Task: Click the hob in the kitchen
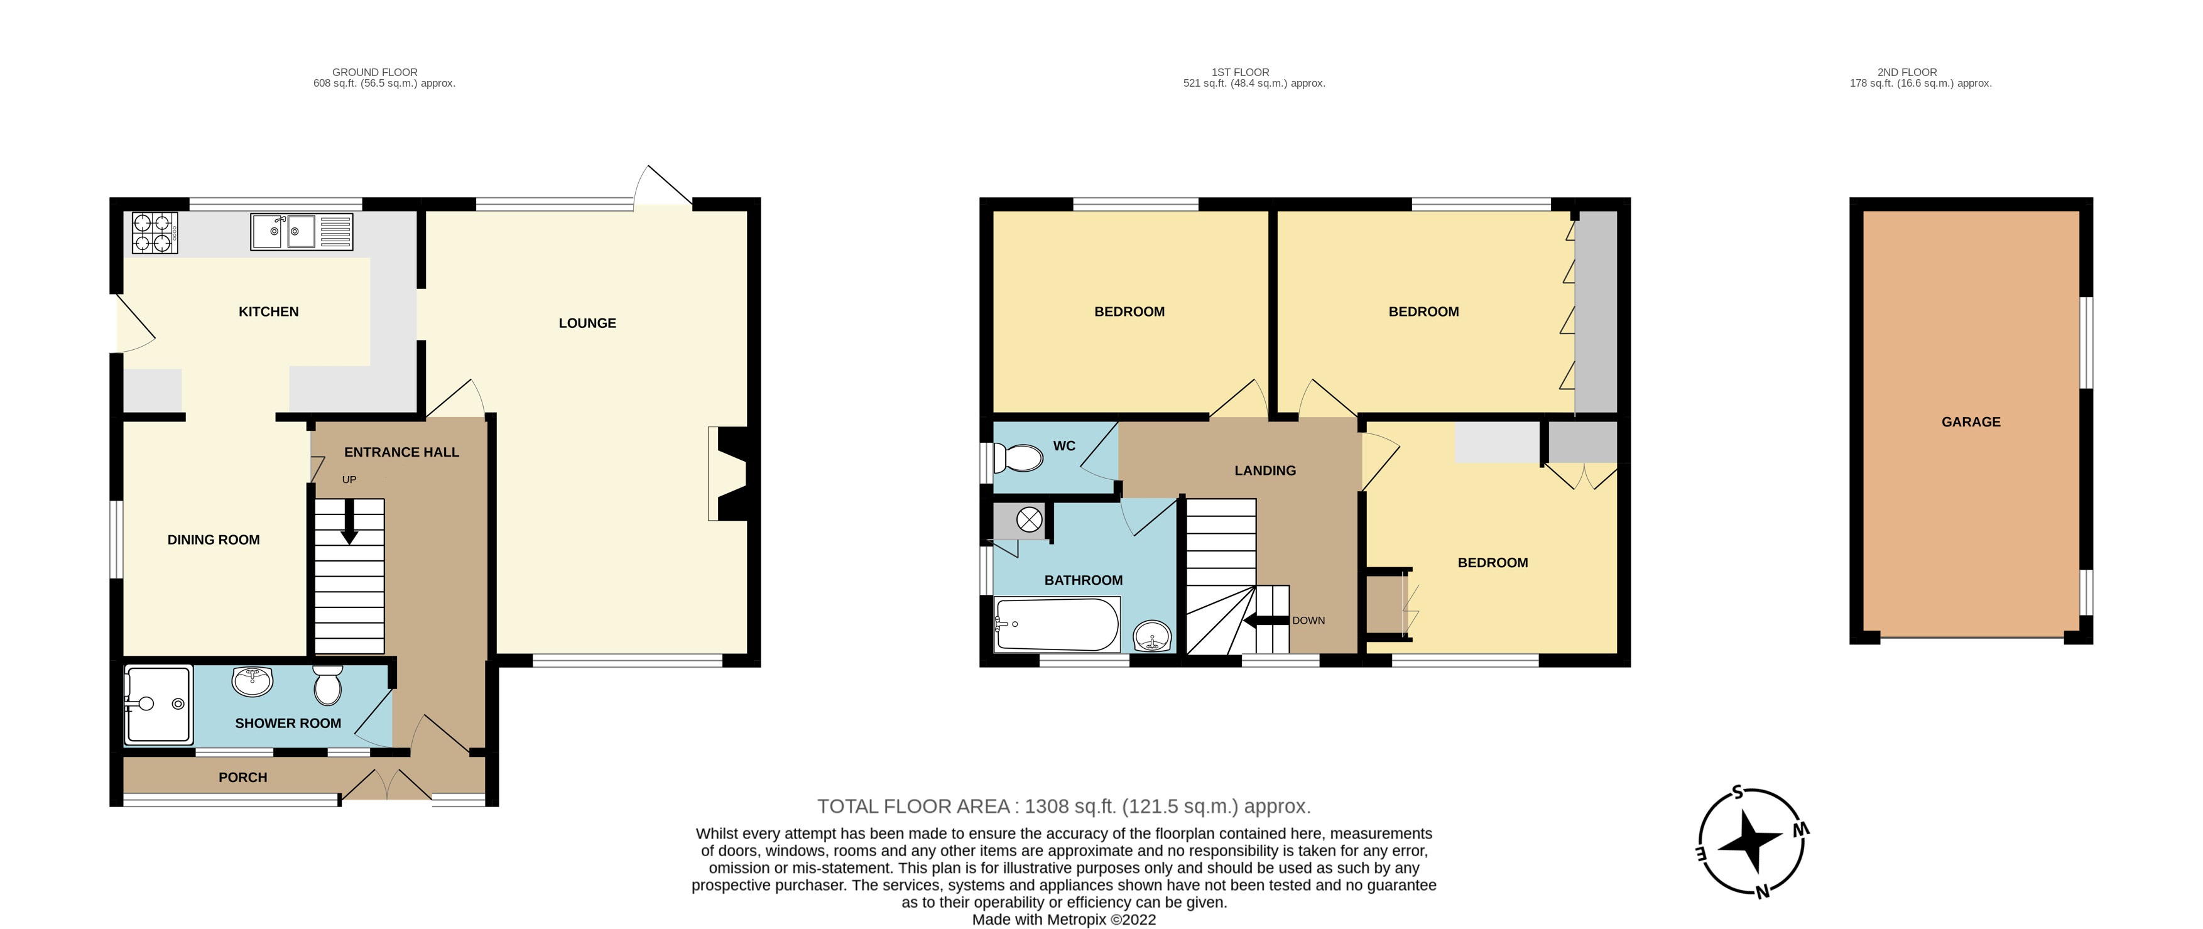(155, 232)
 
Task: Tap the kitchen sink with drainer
(301, 232)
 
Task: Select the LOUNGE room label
(587, 322)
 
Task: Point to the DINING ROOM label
(213, 540)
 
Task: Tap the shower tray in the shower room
(157, 704)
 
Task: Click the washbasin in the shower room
(253, 682)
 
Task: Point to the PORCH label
(243, 778)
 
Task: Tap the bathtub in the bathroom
(1057, 624)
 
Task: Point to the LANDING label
(1265, 470)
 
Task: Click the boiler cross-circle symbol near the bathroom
(1029, 519)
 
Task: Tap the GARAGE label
(1971, 421)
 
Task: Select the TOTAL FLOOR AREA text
(1063, 806)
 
